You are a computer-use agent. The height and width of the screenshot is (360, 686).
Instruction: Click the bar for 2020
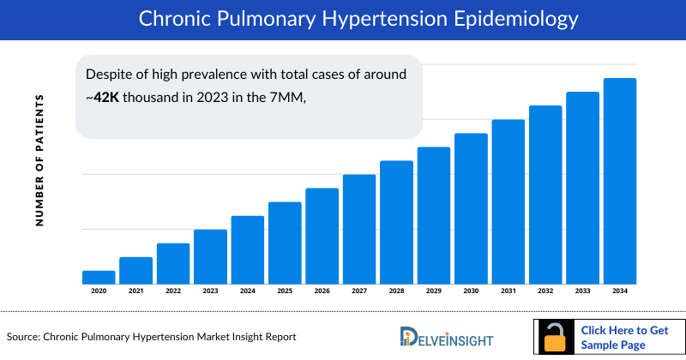pos(99,277)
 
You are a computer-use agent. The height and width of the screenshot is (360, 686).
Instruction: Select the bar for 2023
pos(210,256)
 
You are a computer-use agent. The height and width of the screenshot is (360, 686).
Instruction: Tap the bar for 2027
pos(359,229)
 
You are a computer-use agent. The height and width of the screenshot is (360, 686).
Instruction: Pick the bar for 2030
pos(471,208)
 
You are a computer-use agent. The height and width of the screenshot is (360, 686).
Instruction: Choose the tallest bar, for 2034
pos(620,181)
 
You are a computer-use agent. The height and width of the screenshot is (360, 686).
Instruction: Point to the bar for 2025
pos(285,243)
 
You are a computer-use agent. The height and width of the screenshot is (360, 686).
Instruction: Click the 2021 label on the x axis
pos(135,291)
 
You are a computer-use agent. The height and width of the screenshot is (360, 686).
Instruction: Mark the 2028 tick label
pos(396,291)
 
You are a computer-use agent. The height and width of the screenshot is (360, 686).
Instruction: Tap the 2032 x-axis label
pos(545,291)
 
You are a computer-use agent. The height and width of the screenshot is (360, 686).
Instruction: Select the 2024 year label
pos(248,291)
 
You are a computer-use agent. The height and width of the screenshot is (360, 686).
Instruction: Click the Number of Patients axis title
pos(39,160)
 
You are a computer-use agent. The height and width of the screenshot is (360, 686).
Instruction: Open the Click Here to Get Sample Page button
pos(624,337)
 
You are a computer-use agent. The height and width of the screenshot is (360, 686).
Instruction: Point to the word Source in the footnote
pos(22,338)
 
